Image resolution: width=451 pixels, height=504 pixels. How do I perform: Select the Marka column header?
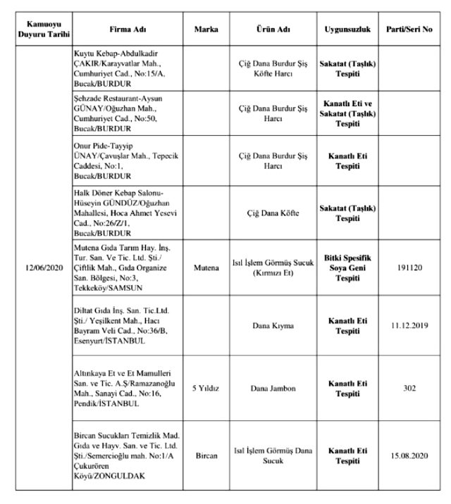206,32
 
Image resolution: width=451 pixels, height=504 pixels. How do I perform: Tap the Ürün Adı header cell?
272,32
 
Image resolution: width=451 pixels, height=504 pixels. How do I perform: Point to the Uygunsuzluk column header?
343,32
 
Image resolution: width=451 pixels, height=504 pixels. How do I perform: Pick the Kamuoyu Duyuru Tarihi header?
39,32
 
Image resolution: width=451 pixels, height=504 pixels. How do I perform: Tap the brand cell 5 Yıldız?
206,388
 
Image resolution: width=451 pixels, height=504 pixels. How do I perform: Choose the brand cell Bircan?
206,455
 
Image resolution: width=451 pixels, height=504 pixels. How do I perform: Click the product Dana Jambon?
272,388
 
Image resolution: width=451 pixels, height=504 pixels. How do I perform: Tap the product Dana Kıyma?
272,326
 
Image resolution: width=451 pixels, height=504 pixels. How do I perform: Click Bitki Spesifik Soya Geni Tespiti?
343,268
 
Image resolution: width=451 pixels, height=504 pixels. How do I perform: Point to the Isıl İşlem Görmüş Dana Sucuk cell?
272,455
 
